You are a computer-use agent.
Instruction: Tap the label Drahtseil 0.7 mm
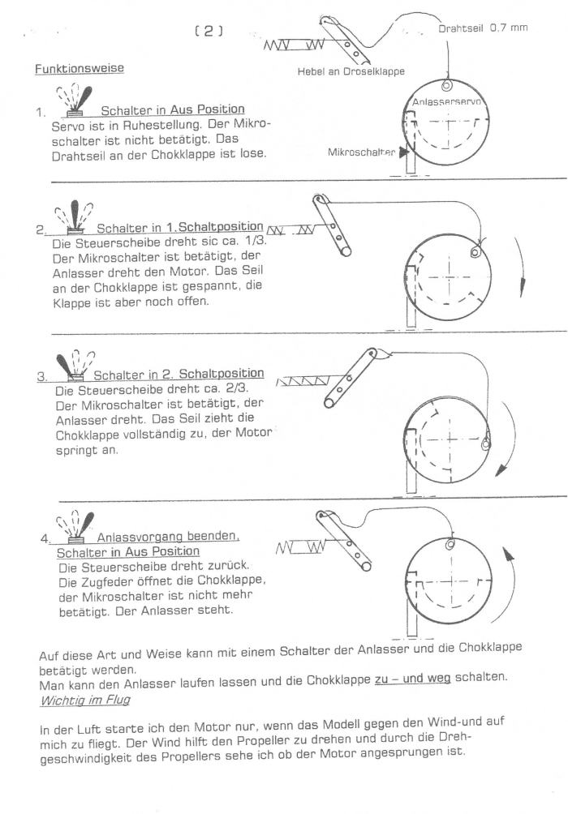tap(483, 28)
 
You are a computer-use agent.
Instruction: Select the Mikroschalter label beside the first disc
tap(359, 151)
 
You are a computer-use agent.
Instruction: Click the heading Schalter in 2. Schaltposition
tap(179, 374)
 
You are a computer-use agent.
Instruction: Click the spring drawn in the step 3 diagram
tap(304, 379)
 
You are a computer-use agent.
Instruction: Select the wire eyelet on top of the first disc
tap(447, 84)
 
